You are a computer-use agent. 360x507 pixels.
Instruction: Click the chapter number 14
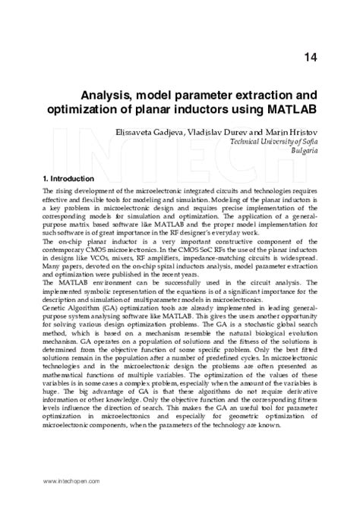point(310,57)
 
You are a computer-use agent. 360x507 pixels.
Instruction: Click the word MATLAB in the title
point(289,110)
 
